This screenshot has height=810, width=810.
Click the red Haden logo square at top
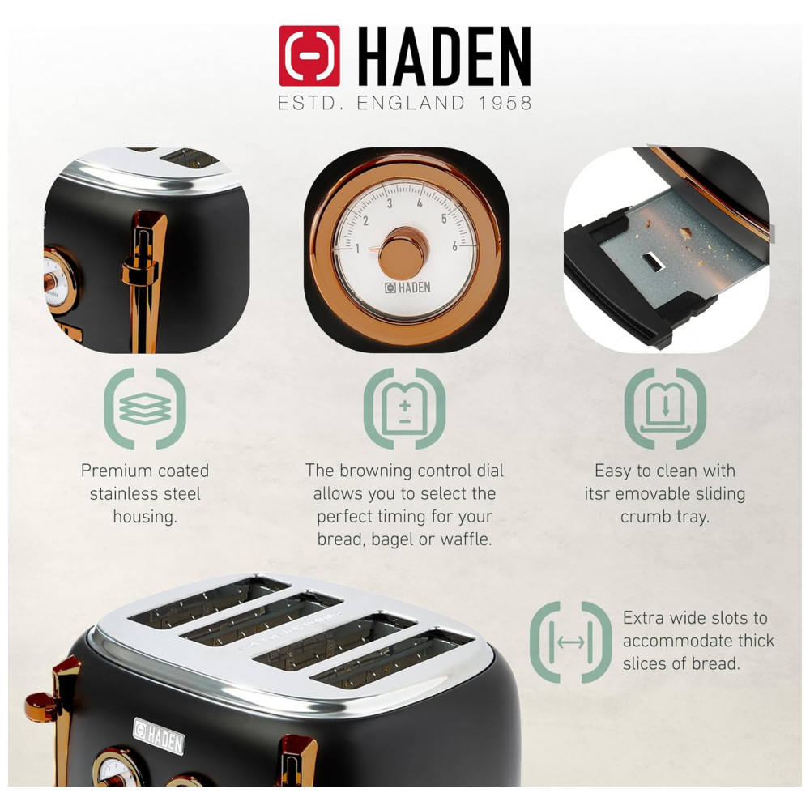(x=309, y=56)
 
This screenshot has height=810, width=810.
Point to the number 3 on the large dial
(x=390, y=203)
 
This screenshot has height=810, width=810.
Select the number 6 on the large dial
(x=454, y=246)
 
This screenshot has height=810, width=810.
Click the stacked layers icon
(x=145, y=408)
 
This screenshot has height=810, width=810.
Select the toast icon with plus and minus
(x=405, y=408)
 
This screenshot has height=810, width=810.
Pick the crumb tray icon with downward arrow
(x=665, y=408)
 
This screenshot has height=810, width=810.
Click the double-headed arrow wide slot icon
(x=571, y=642)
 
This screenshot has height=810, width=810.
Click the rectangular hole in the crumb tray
(x=653, y=262)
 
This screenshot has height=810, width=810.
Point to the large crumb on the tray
(x=685, y=233)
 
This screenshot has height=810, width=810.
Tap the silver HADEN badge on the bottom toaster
(x=159, y=736)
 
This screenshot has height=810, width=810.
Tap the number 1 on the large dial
(x=357, y=249)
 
